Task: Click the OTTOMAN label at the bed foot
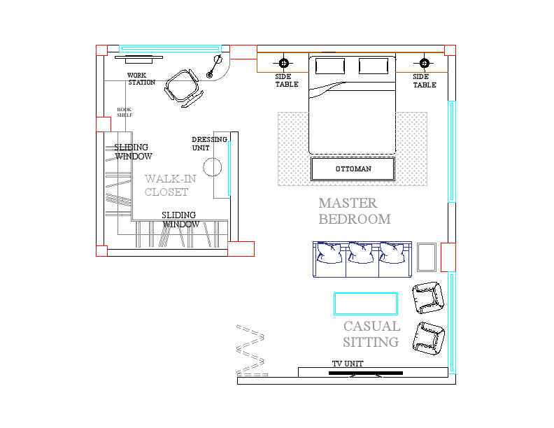(x=353, y=169)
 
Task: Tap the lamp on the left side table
(x=284, y=62)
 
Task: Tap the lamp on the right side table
(x=423, y=62)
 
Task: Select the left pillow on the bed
(x=329, y=66)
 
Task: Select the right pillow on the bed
(x=374, y=66)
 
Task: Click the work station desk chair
(x=183, y=88)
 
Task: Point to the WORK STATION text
(x=141, y=79)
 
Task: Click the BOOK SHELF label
(x=125, y=112)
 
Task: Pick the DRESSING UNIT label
(x=209, y=143)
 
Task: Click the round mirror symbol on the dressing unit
(x=213, y=168)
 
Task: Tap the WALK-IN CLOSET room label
(x=170, y=185)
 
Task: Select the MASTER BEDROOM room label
(x=354, y=211)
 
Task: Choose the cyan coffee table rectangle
(x=366, y=304)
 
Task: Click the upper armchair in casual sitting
(x=428, y=297)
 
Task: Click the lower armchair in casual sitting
(x=428, y=337)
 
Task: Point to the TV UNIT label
(x=347, y=364)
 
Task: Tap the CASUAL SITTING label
(x=371, y=334)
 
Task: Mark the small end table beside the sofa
(x=427, y=257)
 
